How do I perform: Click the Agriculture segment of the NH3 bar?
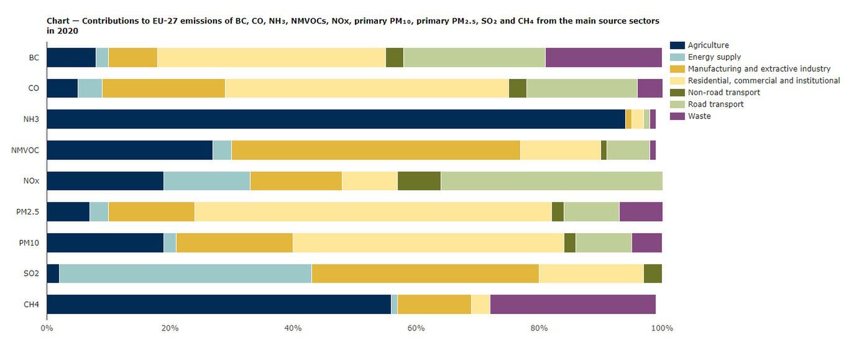coord(336,119)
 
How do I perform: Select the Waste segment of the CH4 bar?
coord(572,304)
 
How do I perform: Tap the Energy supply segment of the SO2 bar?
coord(185,274)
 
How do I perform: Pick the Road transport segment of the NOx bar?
coord(551,181)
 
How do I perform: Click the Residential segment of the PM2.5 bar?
coord(373,211)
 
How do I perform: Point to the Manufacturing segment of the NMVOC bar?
coord(375,150)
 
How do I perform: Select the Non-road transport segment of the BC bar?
coord(395,57)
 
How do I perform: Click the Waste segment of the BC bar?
coord(603,57)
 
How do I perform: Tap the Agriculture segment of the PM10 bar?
coord(105,242)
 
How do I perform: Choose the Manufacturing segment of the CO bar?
coord(163,88)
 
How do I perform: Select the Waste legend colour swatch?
coord(677,116)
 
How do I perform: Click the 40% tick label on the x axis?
coord(293,328)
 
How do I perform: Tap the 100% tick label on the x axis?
coord(662,328)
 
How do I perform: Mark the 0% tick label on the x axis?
coord(47,328)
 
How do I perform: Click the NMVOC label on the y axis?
coord(25,150)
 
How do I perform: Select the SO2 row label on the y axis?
coord(30,274)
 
